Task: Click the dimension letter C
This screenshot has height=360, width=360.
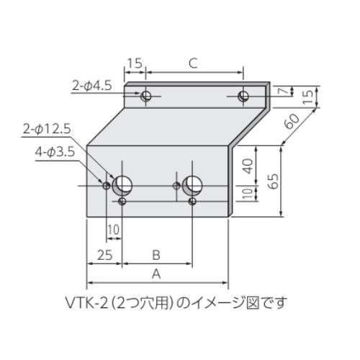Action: tap(193, 63)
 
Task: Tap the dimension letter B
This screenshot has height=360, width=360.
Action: tap(156, 255)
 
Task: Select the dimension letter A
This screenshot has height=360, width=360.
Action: tap(156, 274)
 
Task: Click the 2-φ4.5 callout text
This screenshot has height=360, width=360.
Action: tap(92, 86)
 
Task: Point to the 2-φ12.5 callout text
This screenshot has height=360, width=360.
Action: tap(47, 130)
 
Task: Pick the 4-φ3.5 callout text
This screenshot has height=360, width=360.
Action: tap(55, 152)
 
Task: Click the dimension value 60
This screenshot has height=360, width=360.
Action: tap(292, 121)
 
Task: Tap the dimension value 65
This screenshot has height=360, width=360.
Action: tap(274, 181)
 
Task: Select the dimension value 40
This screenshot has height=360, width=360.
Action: tap(248, 166)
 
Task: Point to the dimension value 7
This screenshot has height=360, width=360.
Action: tap(284, 91)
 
